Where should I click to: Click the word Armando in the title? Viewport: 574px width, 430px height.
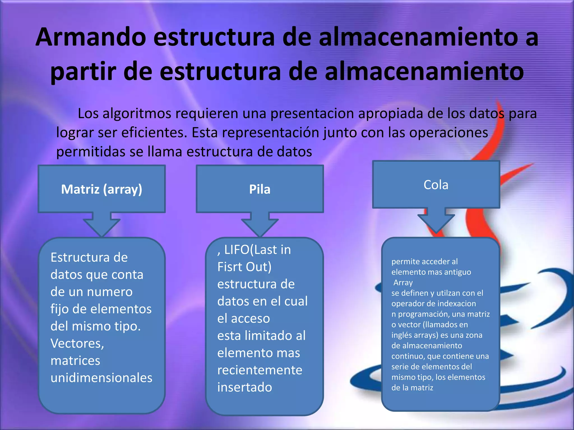pyautogui.click(x=91, y=37)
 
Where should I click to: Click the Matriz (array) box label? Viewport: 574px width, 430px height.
pyautogui.click(x=101, y=189)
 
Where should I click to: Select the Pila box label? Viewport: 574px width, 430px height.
pyautogui.click(x=260, y=190)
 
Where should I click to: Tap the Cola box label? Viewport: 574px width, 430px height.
pyautogui.click(x=436, y=185)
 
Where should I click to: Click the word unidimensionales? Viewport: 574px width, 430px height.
pyautogui.click(x=101, y=378)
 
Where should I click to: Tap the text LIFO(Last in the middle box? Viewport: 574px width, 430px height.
pyautogui.click(x=257, y=250)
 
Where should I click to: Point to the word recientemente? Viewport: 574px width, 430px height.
pyautogui.click(x=260, y=370)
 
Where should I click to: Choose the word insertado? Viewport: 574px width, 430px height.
pyautogui.click(x=245, y=387)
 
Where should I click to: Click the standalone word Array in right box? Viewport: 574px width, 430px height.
pyautogui.click(x=403, y=283)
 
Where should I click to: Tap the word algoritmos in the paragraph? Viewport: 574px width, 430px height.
pyautogui.click(x=137, y=114)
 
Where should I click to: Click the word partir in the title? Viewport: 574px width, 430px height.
pyautogui.click(x=83, y=71)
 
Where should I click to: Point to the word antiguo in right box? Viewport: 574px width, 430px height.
pyautogui.click(x=457, y=272)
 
